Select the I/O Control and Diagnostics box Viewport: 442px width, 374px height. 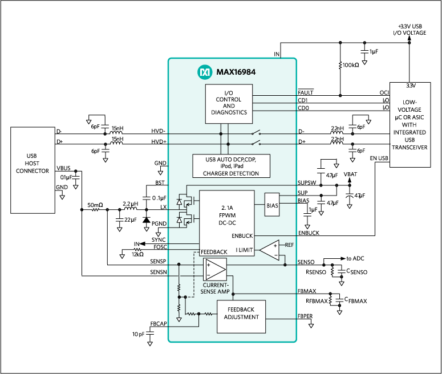coord(228,104)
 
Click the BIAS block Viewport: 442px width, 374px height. coord(272,205)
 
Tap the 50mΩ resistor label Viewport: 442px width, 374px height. coord(95,204)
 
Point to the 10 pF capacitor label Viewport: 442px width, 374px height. coord(139,334)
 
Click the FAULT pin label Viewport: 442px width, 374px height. coord(306,92)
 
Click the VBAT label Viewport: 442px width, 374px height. coord(351,175)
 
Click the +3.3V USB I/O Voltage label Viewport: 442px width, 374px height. coord(409,30)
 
